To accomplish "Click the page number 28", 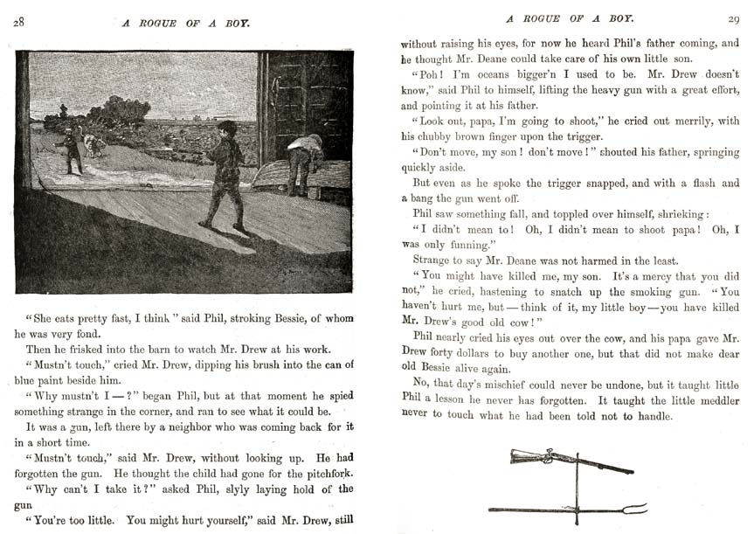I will pos(18,23).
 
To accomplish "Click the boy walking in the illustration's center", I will pos(225,173).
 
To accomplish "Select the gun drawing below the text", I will pos(568,461).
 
